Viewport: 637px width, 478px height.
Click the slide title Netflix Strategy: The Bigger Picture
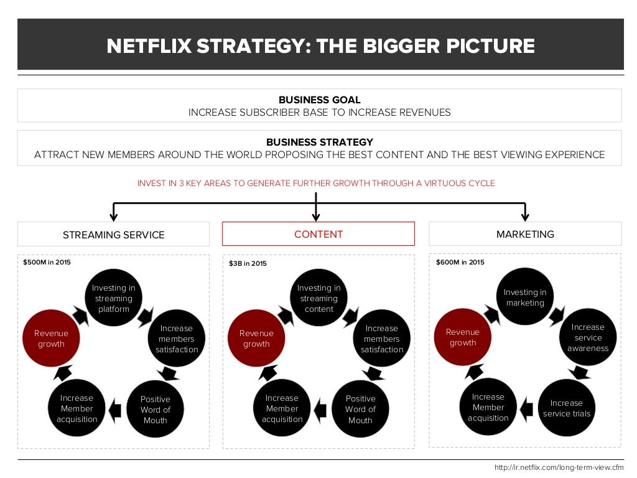click(x=320, y=46)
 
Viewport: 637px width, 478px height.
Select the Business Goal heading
click(x=319, y=100)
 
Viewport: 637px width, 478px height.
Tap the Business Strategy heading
click(x=319, y=142)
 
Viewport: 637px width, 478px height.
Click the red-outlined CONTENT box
click(x=318, y=234)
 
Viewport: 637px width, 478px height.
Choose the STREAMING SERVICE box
click(x=113, y=235)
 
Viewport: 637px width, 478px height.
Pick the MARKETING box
click(x=525, y=234)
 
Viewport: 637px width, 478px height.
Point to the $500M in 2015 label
click(x=47, y=262)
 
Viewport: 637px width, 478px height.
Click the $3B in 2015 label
click(x=248, y=263)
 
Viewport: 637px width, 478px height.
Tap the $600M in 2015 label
click(x=460, y=262)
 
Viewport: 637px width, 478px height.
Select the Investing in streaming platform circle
click(x=113, y=298)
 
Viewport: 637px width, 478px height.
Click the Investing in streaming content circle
click(x=318, y=298)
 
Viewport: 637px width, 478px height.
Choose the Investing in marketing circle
click(x=525, y=297)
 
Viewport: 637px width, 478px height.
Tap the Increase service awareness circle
click(x=587, y=337)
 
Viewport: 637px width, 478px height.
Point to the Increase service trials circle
click(x=566, y=408)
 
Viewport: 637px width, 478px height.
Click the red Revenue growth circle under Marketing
click(x=462, y=337)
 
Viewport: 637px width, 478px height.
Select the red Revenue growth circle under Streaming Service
click(x=51, y=339)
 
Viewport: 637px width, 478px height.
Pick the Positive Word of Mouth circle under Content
click(x=360, y=409)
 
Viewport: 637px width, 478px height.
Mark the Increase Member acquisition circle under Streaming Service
click(x=77, y=408)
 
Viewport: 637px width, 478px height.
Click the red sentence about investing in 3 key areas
click(x=316, y=184)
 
